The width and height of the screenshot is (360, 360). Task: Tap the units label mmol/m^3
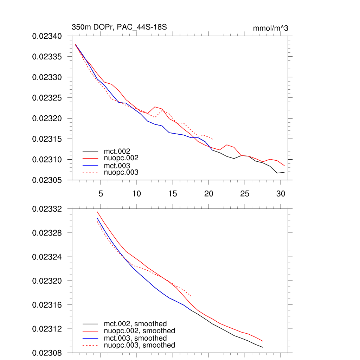[270, 28]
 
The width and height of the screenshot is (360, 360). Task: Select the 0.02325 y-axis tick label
[47, 98]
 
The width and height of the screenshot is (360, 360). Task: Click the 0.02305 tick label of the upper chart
[47, 180]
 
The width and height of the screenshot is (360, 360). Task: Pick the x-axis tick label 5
[101, 193]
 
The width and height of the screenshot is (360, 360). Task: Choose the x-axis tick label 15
[173, 193]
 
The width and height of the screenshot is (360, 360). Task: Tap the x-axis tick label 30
[281, 193]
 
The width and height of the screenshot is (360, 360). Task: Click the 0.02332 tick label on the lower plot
[47, 209]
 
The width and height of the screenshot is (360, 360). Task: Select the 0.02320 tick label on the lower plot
[47, 281]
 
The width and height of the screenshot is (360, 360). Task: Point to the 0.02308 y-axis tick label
[47, 353]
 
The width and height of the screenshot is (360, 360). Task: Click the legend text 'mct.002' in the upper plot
[115, 151]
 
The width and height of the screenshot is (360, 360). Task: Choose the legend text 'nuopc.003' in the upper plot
[121, 172]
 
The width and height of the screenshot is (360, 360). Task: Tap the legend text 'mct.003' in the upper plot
[115, 165]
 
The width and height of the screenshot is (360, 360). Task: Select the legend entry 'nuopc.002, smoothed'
[139, 331]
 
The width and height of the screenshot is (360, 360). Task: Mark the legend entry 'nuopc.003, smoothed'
[139, 345]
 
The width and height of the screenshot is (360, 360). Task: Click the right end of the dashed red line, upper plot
[212, 139]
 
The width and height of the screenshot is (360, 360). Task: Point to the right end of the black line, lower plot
[263, 347]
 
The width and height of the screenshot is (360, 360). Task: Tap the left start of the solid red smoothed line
[97, 211]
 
